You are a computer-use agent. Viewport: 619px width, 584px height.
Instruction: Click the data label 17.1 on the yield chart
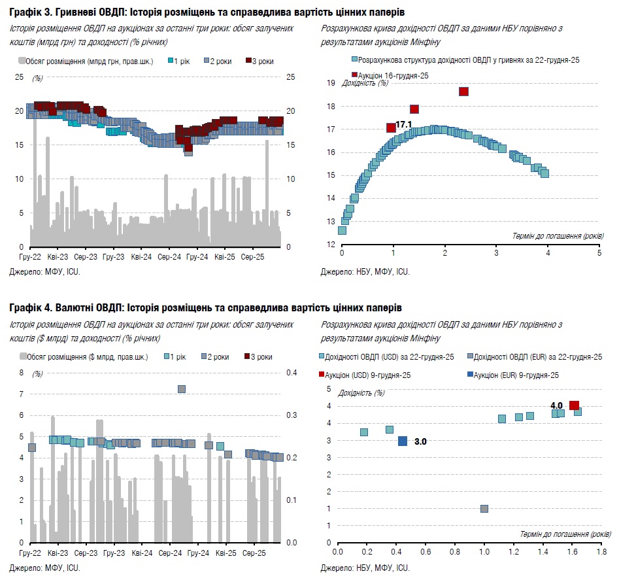point(403,124)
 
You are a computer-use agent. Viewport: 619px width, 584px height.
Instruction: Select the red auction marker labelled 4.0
point(575,406)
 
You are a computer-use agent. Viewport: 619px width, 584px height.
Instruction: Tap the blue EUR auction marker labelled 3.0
point(403,441)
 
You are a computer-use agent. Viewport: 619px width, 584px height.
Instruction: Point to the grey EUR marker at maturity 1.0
point(484,509)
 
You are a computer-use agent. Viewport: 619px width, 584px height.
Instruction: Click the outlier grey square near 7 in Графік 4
point(182,389)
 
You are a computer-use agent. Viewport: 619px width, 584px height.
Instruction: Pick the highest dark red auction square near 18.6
point(464,92)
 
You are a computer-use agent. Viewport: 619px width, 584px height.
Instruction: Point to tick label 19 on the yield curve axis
point(331,83)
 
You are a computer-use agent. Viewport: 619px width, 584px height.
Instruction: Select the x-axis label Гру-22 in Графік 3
point(31,258)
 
